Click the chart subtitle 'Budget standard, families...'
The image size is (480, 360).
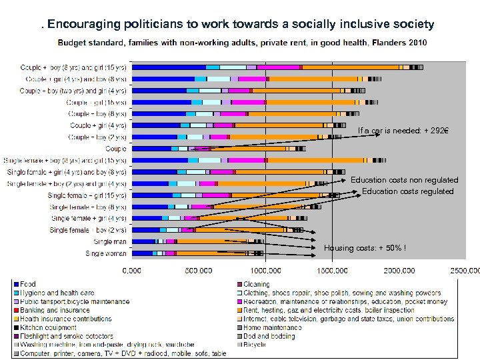pyautogui.click(x=242, y=43)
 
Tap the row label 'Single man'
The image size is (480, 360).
pyautogui.click(x=110, y=242)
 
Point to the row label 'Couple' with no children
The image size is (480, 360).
pyautogui.click(x=115, y=149)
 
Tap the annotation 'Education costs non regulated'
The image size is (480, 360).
pyautogui.click(x=404, y=180)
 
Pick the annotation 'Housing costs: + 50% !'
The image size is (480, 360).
pyautogui.click(x=365, y=248)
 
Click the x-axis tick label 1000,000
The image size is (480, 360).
pyautogui.click(x=265, y=270)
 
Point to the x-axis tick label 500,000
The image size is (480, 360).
pyautogui.click(x=198, y=270)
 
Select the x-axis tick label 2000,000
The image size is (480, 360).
pyautogui.click(x=399, y=270)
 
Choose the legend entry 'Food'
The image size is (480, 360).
pyautogui.click(x=28, y=285)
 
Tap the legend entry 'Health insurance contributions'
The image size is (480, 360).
pyautogui.click(x=67, y=319)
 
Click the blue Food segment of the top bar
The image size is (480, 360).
pyautogui.click(x=169, y=67)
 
